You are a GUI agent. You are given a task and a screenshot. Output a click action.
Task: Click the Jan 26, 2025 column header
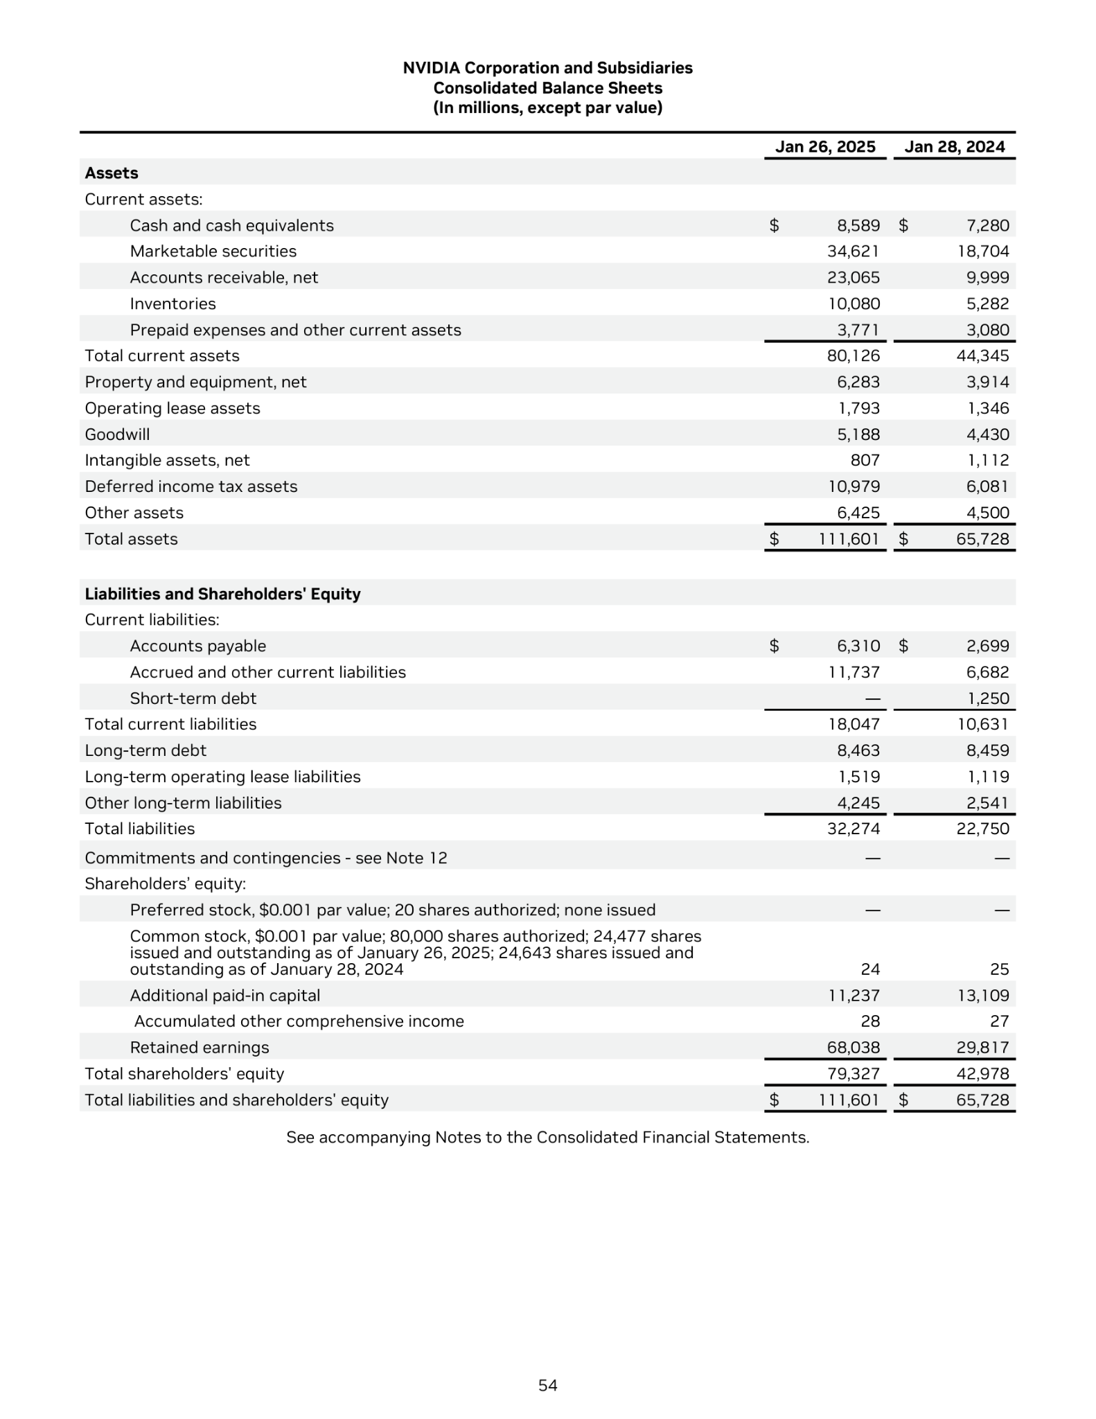tap(824, 147)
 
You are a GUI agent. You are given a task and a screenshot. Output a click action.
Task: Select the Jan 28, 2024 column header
tap(954, 147)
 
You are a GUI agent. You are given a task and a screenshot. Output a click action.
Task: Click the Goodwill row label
tap(117, 434)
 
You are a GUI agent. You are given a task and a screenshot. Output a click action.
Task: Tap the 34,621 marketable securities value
tap(853, 252)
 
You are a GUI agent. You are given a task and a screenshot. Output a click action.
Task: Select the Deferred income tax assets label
tap(191, 486)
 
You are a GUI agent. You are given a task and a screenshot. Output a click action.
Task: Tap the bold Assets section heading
tap(112, 173)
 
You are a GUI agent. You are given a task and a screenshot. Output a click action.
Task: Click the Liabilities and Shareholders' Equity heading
tap(222, 594)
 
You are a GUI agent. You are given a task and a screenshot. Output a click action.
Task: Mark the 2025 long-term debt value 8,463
tap(858, 750)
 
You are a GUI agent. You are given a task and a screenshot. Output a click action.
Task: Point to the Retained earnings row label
tap(200, 1048)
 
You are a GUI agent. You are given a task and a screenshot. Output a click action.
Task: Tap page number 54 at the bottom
tap(547, 1385)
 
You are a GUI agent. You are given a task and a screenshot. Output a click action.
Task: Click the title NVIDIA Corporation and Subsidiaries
tap(547, 68)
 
